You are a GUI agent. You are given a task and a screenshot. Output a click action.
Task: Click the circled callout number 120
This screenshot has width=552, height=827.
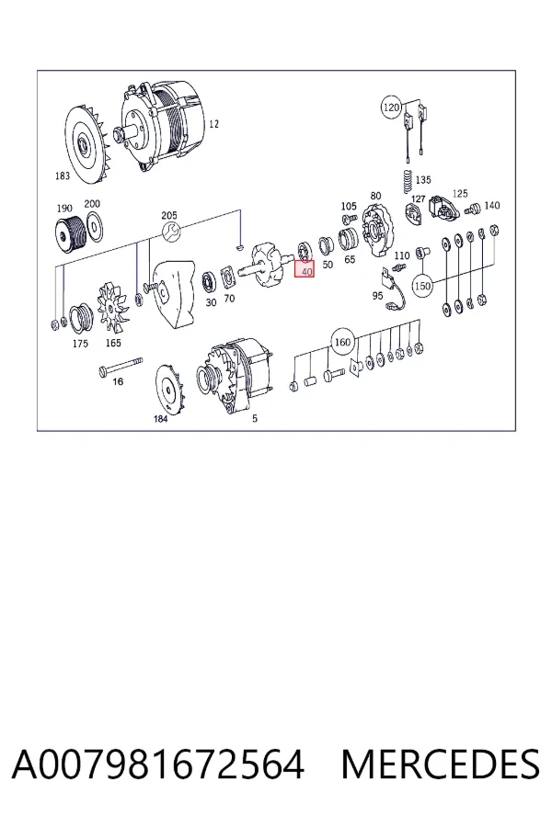point(390,108)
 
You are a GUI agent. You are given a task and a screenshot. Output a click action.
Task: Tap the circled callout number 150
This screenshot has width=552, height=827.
point(422,286)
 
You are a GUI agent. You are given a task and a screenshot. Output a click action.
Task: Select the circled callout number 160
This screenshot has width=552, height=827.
point(341,343)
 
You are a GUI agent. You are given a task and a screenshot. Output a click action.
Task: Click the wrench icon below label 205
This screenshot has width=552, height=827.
point(171,230)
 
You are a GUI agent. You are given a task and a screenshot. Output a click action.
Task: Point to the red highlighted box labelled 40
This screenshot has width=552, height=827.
point(305,269)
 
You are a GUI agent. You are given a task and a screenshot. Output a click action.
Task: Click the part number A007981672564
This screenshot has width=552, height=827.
point(158,765)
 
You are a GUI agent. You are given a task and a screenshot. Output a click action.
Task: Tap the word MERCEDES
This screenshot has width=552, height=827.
point(441,765)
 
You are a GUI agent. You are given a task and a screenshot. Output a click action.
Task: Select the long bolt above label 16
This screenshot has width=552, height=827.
point(121,366)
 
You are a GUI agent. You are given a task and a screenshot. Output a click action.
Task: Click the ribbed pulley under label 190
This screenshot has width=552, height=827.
point(69,234)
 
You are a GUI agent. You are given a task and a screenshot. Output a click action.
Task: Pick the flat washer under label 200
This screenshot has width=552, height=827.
point(94,226)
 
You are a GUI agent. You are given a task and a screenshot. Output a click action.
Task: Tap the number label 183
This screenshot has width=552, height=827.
point(63,176)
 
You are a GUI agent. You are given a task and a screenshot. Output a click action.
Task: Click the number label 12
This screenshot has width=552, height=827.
point(213,124)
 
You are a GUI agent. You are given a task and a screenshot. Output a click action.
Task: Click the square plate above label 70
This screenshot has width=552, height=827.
point(228,278)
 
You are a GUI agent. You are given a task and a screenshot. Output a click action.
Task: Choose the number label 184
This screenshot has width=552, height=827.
point(161,419)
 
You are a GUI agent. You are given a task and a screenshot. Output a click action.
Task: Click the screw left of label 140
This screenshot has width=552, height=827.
point(471,210)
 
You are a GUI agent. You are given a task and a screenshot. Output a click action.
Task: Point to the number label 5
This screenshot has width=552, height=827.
point(255,418)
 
